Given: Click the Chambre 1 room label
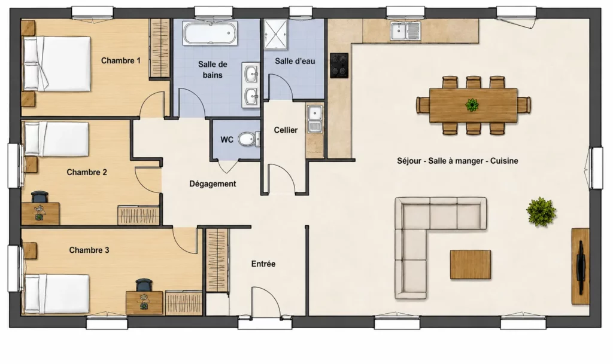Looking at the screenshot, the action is (121, 60).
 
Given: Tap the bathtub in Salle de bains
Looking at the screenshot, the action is (210, 33).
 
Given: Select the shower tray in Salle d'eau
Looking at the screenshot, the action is (275, 34).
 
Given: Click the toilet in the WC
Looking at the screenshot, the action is (248, 139).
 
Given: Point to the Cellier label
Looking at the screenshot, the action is (286, 130).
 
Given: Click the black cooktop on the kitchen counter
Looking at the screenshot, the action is (339, 65).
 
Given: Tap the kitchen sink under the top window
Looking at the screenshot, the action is (405, 31).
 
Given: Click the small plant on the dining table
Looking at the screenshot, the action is (472, 105).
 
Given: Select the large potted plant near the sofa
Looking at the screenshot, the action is (541, 212).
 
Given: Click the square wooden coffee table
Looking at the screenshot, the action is (471, 265).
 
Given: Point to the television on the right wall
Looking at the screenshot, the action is (581, 267).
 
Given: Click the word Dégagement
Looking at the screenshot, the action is (213, 183).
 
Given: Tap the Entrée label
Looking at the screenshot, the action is (263, 264).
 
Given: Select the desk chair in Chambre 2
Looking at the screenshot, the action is (40, 197).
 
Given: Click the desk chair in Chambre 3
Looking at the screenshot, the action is (144, 285).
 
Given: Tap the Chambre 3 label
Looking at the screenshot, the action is (89, 250).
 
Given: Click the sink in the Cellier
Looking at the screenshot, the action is (315, 119).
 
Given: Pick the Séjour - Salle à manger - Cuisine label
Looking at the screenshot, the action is (457, 161).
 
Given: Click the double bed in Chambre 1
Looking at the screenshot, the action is (57, 64).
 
